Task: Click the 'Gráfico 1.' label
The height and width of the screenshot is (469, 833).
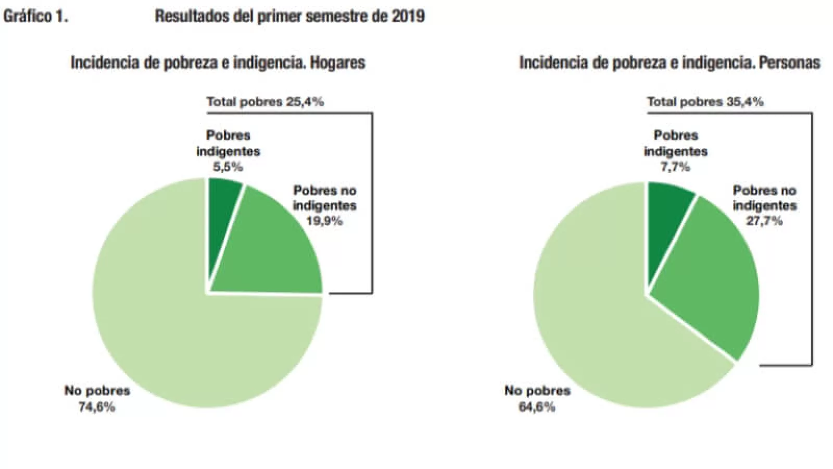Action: (35, 16)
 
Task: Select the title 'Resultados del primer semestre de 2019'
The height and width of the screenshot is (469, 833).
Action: (289, 16)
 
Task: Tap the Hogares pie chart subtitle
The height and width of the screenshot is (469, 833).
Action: (218, 63)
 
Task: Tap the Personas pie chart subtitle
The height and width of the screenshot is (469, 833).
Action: (670, 63)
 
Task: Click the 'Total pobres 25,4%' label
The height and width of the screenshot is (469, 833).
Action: (265, 102)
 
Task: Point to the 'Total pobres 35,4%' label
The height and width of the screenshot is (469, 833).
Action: (705, 102)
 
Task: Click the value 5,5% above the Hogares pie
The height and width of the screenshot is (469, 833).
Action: (228, 167)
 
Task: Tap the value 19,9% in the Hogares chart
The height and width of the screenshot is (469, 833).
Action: (324, 221)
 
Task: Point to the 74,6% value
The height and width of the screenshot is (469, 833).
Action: (97, 407)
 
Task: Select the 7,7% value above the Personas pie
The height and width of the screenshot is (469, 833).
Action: (675, 167)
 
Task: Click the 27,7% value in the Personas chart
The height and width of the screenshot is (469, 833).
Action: (765, 221)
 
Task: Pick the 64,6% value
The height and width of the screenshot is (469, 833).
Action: (537, 407)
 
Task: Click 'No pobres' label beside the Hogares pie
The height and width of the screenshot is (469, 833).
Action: (97, 391)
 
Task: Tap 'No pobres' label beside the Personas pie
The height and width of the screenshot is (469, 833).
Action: (537, 391)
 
